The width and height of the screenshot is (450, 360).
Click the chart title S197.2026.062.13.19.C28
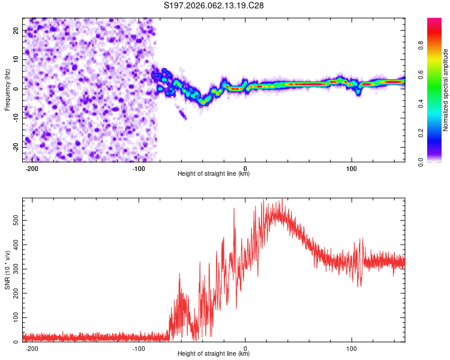pos(214,6)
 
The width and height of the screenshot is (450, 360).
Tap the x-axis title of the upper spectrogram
pos(214,173)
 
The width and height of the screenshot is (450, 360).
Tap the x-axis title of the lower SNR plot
pos(214,353)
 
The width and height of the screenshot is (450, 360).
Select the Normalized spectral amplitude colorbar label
pos(446,90)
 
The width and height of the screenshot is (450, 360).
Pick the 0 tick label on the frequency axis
pos(18,88)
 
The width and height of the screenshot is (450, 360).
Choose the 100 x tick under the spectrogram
pos(352,168)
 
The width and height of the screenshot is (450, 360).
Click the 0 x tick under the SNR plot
pos(245,348)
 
